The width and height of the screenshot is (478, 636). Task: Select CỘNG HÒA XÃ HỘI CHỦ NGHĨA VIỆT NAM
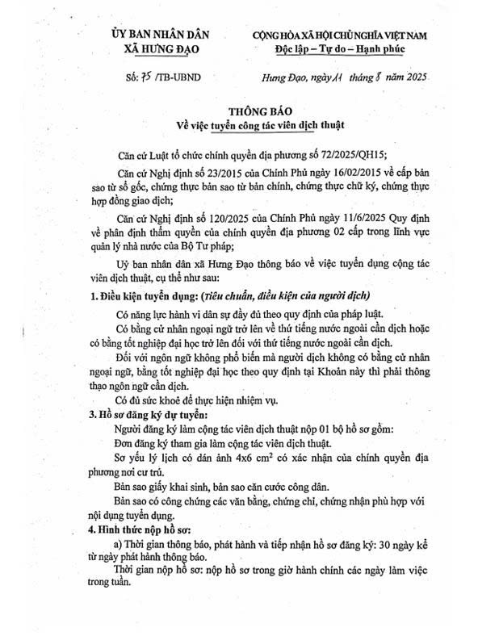click(x=339, y=35)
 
